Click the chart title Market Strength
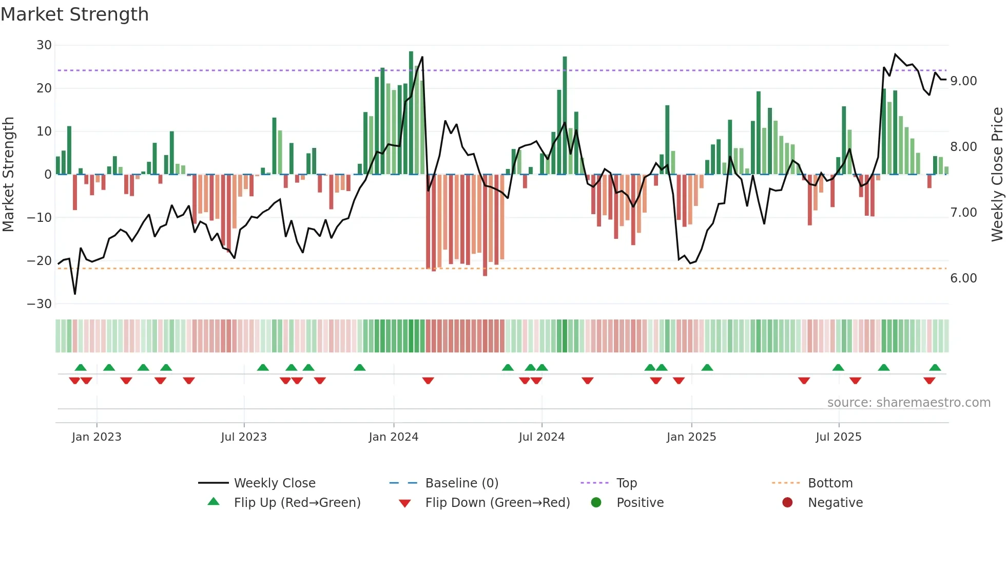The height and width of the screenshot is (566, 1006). pyautogui.click(x=74, y=14)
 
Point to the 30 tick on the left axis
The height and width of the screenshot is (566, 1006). pyautogui.click(x=44, y=45)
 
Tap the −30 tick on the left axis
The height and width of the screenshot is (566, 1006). pyautogui.click(x=40, y=304)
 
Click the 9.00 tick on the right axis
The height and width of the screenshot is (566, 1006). pyautogui.click(x=963, y=81)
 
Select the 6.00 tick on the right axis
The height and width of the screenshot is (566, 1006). pyautogui.click(x=963, y=278)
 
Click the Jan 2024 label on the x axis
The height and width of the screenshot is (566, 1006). pyautogui.click(x=393, y=437)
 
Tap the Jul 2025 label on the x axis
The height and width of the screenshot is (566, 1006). pyautogui.click(x=838, y=437)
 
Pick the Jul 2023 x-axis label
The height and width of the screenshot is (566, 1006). pyautogui.click(x=244, y=437)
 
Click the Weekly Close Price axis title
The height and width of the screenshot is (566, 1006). pyautogui.click(x=997, y=174)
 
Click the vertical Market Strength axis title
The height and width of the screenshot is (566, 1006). pyautogui.click(x=9, y=174)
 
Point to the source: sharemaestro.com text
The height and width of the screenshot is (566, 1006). pyautogui.click(x=908, y=403)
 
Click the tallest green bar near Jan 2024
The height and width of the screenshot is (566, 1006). pyautogui.click(x=411, y=113)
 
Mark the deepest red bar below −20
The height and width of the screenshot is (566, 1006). pyautogui.click(x=485, y=226)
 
